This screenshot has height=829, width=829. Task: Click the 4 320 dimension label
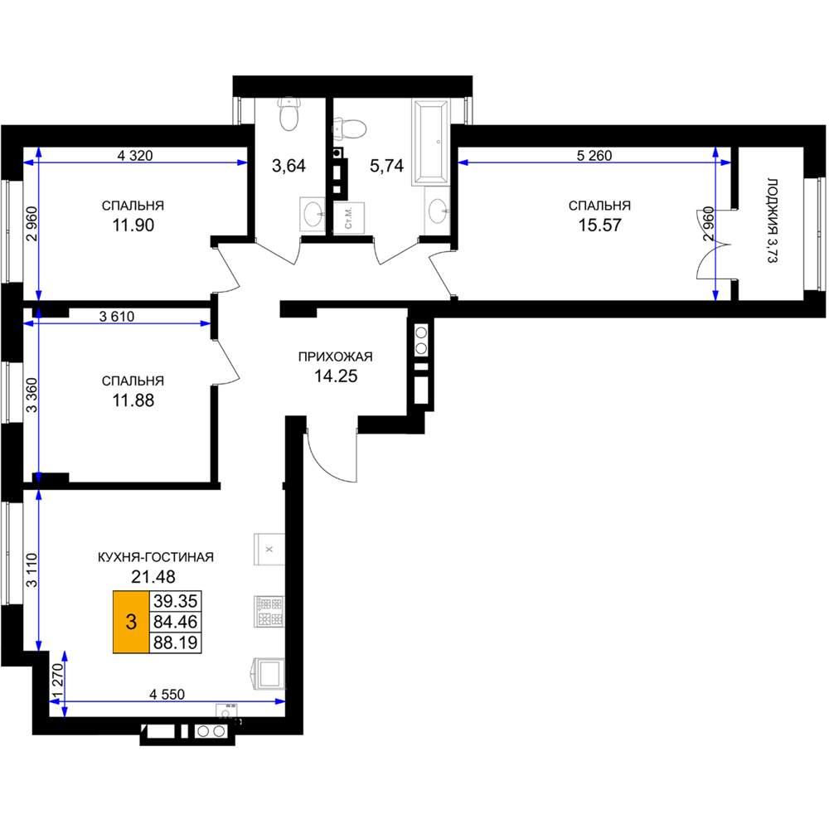point(135,156)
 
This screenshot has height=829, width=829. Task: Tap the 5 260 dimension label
point(594,156)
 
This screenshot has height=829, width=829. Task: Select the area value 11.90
point(133,225)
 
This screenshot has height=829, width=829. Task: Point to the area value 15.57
point(599,225)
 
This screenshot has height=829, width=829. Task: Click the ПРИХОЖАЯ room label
point(336,356)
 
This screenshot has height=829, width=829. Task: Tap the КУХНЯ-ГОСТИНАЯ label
point(156,557)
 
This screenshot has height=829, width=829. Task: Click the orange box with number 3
point(132,622)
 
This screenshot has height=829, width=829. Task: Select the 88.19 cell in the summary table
point(175,643)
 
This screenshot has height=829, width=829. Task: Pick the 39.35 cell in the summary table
point(175,601)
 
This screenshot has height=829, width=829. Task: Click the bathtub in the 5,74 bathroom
point(431,143)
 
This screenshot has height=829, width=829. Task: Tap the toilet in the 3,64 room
point(288,114)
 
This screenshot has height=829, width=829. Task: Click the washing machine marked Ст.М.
point(349,217)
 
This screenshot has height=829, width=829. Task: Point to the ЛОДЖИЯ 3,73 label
point(773,221)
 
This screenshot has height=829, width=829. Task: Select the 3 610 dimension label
point(117,317)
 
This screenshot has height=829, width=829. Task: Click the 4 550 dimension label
point(167,694)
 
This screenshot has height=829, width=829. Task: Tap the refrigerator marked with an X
point(269,550)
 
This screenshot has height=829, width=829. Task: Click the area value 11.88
point(133,400)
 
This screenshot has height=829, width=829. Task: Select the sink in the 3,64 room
point(313,214)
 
